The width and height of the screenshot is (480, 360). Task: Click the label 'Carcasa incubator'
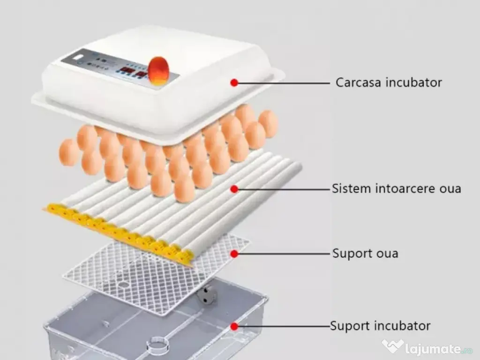click(389, 83)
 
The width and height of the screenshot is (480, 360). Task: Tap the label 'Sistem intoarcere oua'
click(396, 189)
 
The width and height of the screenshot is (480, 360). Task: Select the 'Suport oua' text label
click(365, 254)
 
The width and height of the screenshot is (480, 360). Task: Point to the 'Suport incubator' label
click(380, 326)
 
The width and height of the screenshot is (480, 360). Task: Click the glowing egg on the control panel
click(158, 70)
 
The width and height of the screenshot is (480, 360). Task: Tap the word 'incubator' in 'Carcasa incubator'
click(414, 83)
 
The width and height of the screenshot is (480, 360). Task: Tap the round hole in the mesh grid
click(123, 285)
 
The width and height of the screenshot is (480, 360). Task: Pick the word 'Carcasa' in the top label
click(359, 83)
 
